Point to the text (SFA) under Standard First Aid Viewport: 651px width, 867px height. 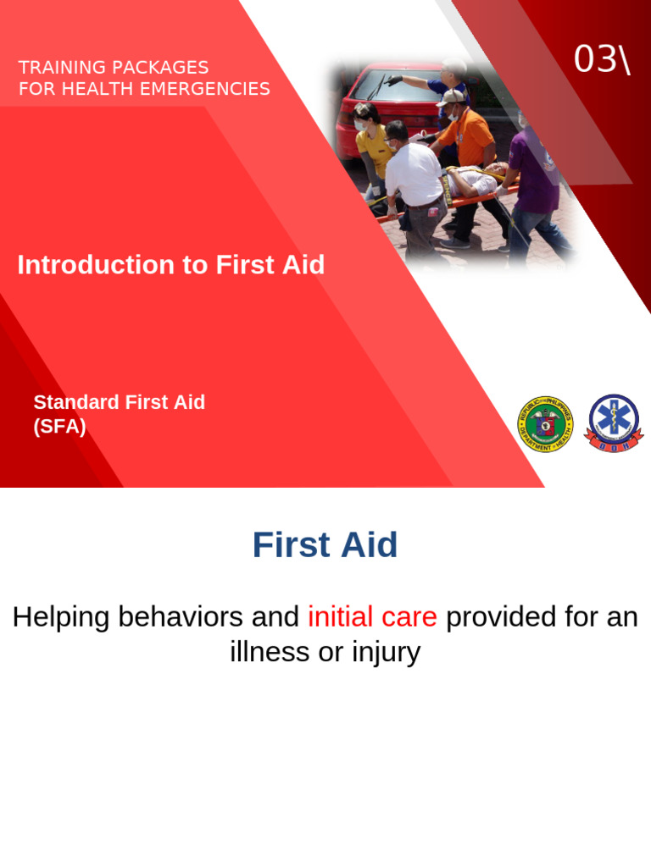tap(59, 427)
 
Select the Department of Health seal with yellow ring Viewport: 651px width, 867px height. tap(545, 423)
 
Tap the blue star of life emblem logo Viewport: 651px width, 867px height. tap(615, 422)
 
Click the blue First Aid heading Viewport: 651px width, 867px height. tap(325, 545)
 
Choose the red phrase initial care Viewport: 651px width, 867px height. tap(372, 617)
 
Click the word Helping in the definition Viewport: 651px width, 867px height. tap(61, 617)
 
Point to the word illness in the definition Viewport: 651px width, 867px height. tap(270, 652)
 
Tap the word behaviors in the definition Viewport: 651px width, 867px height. tap(181, 617)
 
